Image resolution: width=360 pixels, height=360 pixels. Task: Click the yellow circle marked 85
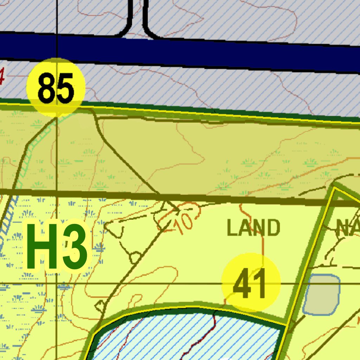(56, 87)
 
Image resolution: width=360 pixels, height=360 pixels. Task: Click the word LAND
(253, 227)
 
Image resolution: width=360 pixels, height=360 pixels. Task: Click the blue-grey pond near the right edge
(321, 295)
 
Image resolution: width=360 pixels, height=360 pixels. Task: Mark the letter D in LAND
(273, 227)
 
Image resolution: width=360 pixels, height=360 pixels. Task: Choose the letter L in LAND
(231, 227)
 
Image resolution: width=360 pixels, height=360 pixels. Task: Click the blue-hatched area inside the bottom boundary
(183, 337)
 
